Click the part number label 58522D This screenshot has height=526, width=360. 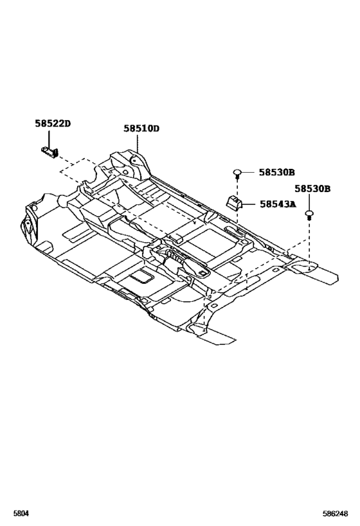[x=53, y=123]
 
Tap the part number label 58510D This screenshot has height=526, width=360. [x=141, y=128]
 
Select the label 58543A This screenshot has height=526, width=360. [x=278, y=204]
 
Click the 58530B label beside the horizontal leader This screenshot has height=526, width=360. [x=276, y=172]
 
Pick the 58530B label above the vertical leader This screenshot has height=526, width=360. [x=312, y=189]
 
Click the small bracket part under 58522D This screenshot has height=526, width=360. [x=50, y=152]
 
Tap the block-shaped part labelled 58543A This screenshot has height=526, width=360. [x=233, y=202]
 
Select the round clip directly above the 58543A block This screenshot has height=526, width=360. [x=237, y=173]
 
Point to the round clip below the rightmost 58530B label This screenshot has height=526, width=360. [x=309, y=215]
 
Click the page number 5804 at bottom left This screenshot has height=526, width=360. [x=21, y=513]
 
